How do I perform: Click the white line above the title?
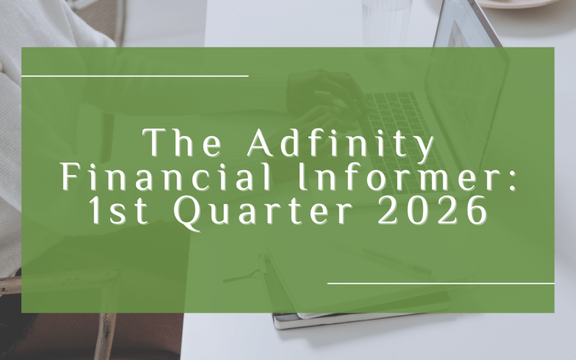click(134, 76)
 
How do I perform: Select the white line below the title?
click(441, 283)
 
